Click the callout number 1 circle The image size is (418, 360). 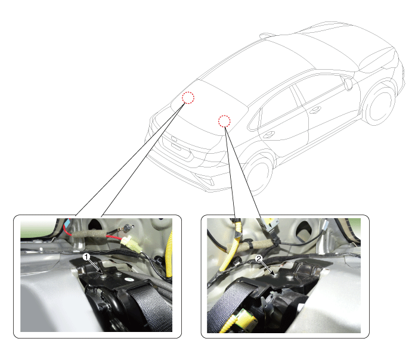86,257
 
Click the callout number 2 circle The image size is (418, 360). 259,259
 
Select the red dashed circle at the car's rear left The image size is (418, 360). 188,98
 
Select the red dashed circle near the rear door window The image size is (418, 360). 224,121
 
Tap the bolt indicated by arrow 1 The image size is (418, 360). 104,277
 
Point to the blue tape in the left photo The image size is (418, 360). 68,223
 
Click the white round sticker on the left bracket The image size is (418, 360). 129,280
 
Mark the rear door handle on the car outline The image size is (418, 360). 269,135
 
